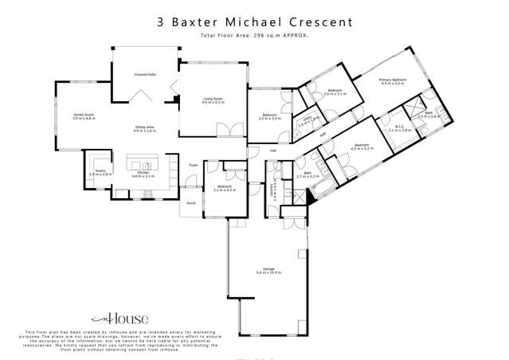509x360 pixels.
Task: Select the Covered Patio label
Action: click(x=144, y=74)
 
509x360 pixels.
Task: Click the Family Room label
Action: click(x=84, y=116)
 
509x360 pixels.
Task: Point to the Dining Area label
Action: click(x=144, y=128)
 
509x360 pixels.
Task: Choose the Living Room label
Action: click(x=212, y=100)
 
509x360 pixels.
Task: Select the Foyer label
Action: click(x=193, y=166)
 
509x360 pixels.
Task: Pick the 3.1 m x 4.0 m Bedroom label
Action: click(x=225, y=188)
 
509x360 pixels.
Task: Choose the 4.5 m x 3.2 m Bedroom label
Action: click(x=362, y=147)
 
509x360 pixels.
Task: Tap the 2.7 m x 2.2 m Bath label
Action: click(x=307, y=174)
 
